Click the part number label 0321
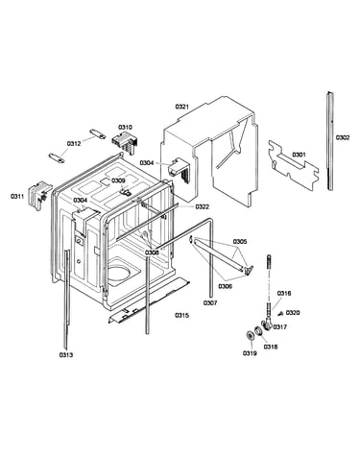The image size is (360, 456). tap(181, 107)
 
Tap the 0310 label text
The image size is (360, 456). tap(125, 128)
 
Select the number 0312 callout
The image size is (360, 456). tap(74, 144)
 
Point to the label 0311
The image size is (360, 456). tap(17, 196)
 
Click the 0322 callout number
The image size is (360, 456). tap(202, 206)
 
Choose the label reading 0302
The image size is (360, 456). tap(343, 137)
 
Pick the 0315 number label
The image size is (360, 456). tap(181, 315)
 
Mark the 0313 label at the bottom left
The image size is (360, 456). tap(66, 354)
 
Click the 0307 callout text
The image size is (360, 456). tap(210, 302)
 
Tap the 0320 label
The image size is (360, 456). tap(293, 313)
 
